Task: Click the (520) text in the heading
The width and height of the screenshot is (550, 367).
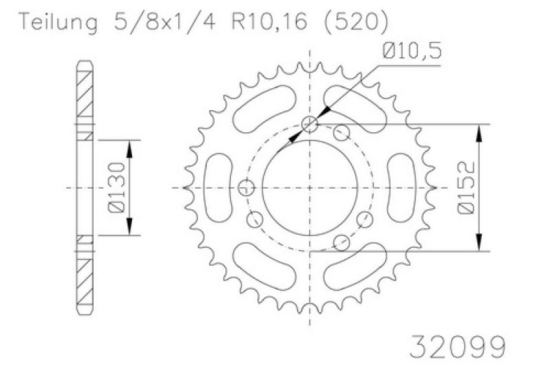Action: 357,22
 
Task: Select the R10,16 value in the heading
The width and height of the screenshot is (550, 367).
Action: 269,22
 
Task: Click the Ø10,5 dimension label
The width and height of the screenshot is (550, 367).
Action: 412,51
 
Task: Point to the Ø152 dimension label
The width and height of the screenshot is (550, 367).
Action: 467,187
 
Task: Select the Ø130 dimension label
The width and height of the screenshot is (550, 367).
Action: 117,187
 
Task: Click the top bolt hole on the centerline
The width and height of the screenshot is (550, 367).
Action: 310,124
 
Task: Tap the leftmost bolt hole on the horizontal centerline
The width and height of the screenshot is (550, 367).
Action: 246,187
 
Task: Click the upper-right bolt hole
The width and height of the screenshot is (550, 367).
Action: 342,133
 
